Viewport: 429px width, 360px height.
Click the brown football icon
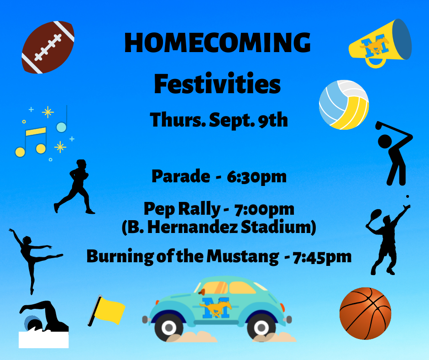tap(48, 47)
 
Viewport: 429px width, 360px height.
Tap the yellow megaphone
tap(380, 42)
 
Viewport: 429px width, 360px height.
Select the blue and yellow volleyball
tap(344, 105)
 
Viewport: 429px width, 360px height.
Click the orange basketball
tap(365, 313)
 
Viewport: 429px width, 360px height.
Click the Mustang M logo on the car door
tap(215, 307)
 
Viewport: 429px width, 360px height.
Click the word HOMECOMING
tap(218, 42)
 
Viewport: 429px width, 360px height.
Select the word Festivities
tap(218, 84)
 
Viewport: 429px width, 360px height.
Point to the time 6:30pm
tap(256, 177)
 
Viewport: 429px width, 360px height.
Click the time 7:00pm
tap(264, 210)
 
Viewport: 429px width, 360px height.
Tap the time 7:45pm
tap(322, 257)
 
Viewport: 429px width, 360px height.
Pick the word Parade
tap(181, 176)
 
